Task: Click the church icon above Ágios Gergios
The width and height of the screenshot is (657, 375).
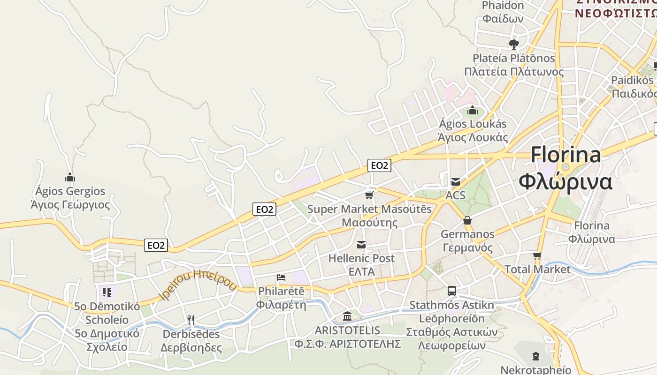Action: pyautogui.click(x=70, y=177)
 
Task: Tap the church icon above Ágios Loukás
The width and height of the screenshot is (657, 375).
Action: pyautogui.click(x=473, y=111)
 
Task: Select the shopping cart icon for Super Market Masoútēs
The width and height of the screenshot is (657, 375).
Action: pyautogui.click(x=369, y=195)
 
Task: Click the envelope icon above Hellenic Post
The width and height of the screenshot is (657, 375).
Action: pyautogui.click(x=361, y=244)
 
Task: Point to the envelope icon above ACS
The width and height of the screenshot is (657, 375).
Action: pyautogui.click(x=455, y=181)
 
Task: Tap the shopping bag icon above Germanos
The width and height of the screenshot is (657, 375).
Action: pyautogui.click(x=467, y=220)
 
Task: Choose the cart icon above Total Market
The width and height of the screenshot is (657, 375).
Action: pyautogui.click(x=537, y=256)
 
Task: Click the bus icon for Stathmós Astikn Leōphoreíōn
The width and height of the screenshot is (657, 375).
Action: pyautogui.click(x=451, y=291)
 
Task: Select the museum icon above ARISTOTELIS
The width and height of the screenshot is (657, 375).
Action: pyautogui.click(x=347, y=316)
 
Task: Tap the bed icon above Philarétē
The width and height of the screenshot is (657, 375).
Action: pyautogui.click(x=281, y=277)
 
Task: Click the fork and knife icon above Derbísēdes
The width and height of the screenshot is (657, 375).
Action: pyautogui.click(x=191, y=320)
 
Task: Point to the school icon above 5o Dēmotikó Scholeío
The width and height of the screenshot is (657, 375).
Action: pyautogui.click(x=107, y=293)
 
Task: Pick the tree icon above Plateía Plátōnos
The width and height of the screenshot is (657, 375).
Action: pyautogui.click(x=514, y=45)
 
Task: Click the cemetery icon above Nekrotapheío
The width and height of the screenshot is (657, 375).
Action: pyautogui.click(x=536, y=357)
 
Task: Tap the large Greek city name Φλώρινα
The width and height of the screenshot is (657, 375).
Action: pyautogui.click(x=565, y=182)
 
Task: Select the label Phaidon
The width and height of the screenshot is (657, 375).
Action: pyautogui.click(x=503, y=6)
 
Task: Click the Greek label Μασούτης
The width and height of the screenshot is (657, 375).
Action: pyautogui.click(x=369, y=222)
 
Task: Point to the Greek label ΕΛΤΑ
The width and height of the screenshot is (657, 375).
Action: pyautogui.click(x=361, y=271)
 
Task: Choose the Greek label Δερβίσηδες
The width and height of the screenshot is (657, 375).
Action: pyautogui.click(x=191, y=348)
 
